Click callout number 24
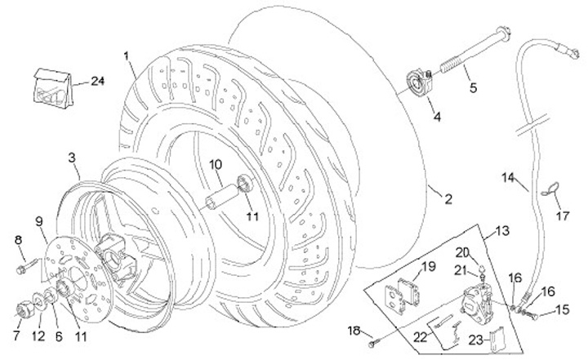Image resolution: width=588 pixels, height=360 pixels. click(x=99, y=81)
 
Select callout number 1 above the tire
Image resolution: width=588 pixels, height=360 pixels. click(x=127, y=56)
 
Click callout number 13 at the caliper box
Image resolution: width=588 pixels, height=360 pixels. click(x=501, y=233)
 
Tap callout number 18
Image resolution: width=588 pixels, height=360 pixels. click(x=353, y=330)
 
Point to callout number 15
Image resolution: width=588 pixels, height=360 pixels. click(x=562, y=309)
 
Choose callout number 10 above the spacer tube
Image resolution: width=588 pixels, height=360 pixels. click(x=216, y=164)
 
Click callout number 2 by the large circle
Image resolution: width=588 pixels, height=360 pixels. click(x=448, y=198)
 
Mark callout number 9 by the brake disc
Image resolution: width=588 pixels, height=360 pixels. click(x=39, y=219)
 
